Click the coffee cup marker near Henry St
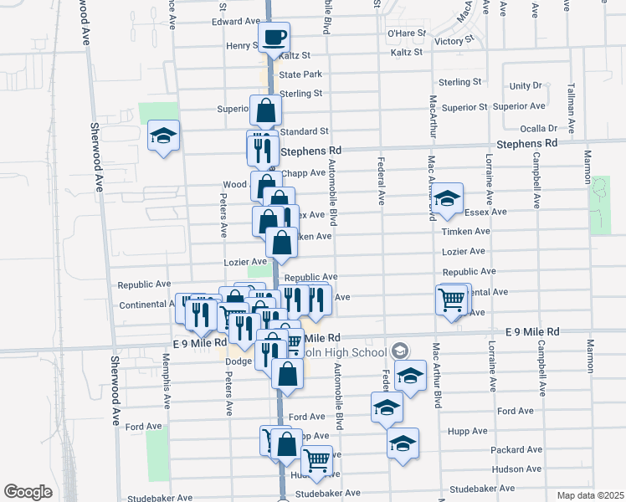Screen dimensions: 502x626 click(x=275, y=38)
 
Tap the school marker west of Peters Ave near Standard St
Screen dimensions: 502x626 click(x=163, y=136)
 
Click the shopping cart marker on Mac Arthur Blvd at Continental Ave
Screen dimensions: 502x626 click(x=452, y=298)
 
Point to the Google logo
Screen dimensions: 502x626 click(x=28, y=492)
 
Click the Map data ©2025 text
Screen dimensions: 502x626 click(x=590, y=495)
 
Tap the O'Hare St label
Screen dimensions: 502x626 click(x=407, y=33)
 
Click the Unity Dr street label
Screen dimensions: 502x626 click(x=526, y=86)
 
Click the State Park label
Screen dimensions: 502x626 click(x=300, y=74)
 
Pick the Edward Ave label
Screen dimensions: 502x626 click(x=236, y=21)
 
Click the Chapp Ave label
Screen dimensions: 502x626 click(x=303, y=173)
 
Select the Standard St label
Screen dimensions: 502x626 click(x=305, y=131)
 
